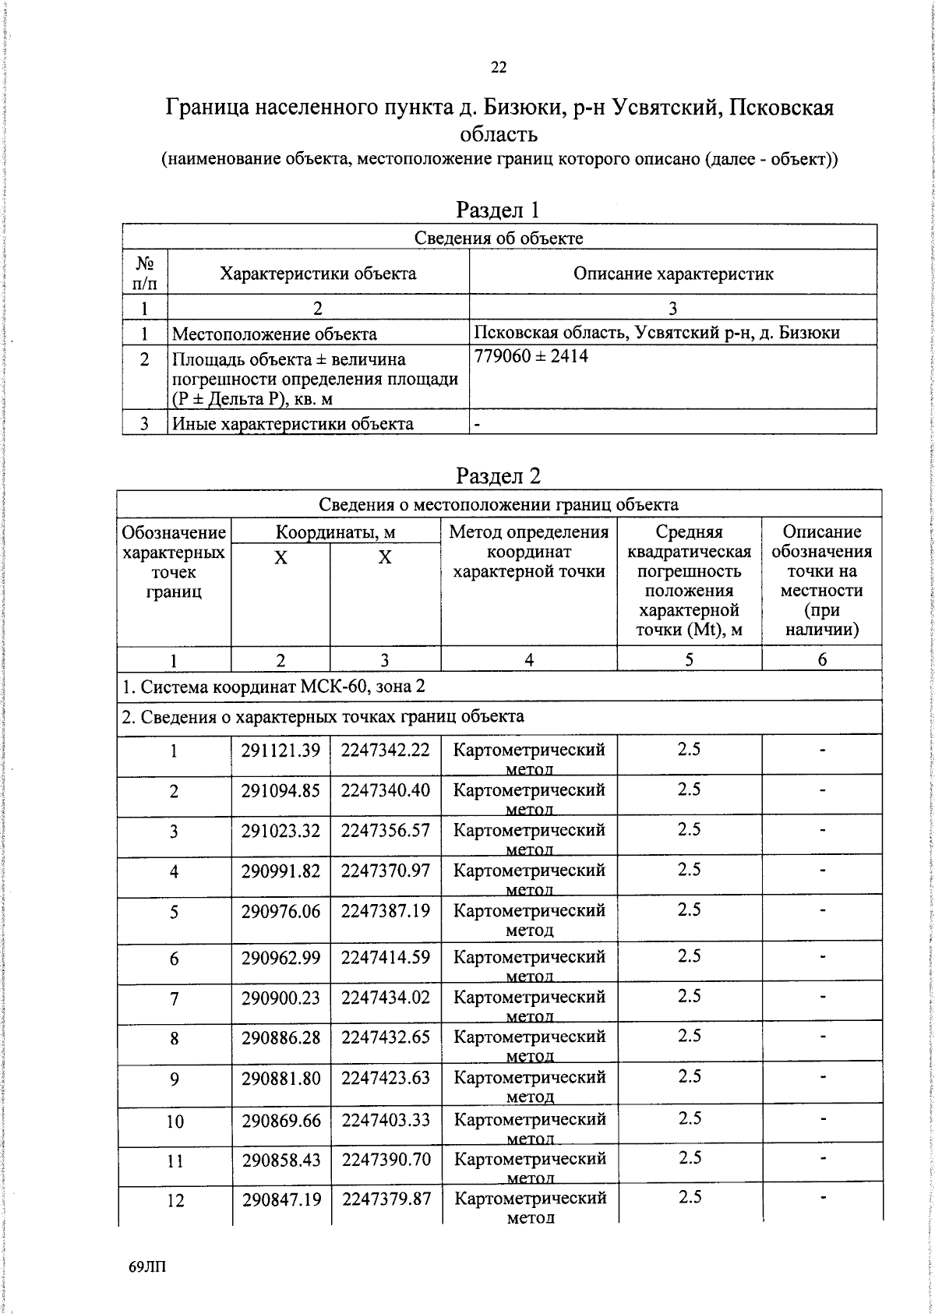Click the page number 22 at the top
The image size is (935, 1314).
[x=499, y=68]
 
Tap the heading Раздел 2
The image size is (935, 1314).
[x=498, y=475]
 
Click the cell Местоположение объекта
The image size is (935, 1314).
[x=274, y=334]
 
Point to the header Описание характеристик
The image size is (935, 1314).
[x=673, y=274]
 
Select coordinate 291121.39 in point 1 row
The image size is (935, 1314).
[x=280, y=751]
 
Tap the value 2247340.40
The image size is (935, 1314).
[x=386, y=790]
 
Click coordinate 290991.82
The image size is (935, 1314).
[x=280, y=871]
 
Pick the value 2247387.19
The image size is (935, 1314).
[x=386, y=911]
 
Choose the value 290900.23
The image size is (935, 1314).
[x=280, y=998]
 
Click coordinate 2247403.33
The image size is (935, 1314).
[x=386, y=1120]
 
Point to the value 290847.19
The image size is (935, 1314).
[x=281, y=1199]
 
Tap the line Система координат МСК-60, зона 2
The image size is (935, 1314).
[x=274, y=687]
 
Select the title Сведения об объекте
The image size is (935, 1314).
[x=499, y=238]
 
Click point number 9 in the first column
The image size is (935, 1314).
[x=174, y=1079]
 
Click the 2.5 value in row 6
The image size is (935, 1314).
[x=689, y=956]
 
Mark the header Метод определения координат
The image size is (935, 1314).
[x=529, y=552]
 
